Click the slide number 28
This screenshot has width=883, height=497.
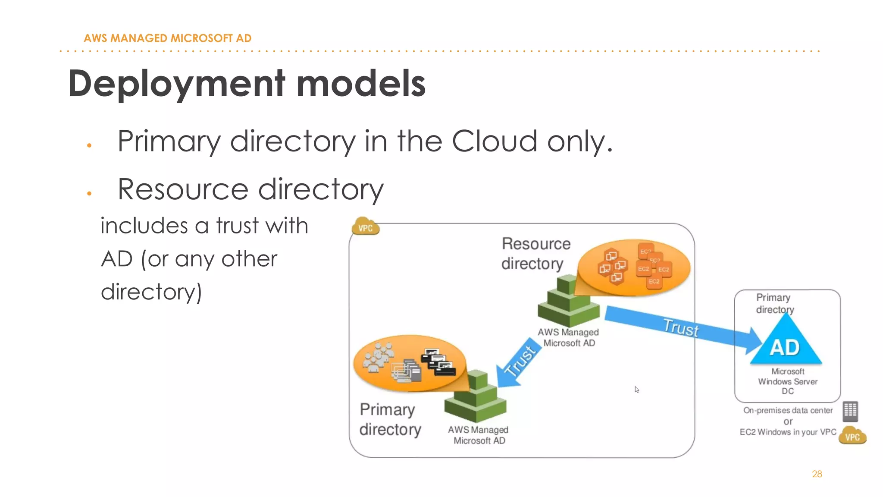click(x=817, y=474)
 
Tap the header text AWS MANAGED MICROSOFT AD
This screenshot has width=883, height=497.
click(x=167, y=38)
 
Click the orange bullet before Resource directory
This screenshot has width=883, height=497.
click(x=89, y=193)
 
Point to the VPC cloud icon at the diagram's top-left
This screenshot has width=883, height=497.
click(x=366, y=227)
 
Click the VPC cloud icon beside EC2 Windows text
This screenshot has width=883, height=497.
click(x=852, y=436)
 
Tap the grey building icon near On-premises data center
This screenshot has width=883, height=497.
click(x=850, y=411)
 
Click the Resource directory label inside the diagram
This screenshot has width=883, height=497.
click(x=535, y=254)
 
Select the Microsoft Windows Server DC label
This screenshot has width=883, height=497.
click(x=787, y=381)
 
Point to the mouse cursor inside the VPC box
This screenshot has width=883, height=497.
click(x=636, y=390)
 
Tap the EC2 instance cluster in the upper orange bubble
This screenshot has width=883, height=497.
click(x=653, y=267)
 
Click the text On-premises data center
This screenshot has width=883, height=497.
click(x=788, y=411)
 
